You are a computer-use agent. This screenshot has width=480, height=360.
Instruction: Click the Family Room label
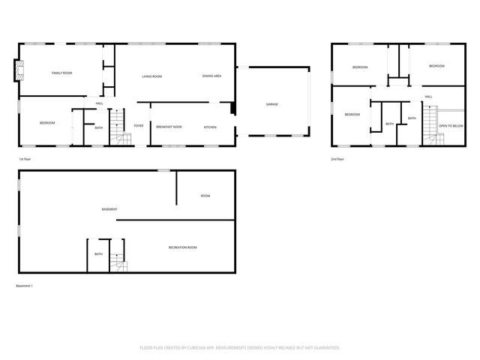(x=61, y=73)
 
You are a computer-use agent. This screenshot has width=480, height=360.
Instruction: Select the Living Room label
(x=152, y=76)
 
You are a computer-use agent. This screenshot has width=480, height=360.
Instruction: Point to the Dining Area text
(x=211, y=76)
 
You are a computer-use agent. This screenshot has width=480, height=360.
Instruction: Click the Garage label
(x=271, y=104)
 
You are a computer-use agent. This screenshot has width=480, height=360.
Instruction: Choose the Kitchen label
(x=211, y=127)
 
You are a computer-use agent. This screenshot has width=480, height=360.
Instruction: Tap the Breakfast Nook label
(x=169, y=127)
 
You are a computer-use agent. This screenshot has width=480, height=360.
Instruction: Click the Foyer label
(x=139, y=126)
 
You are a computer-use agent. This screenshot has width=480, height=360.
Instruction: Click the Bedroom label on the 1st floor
(x=47, y=123)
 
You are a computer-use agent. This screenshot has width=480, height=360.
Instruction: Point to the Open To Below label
(x=451, y=126)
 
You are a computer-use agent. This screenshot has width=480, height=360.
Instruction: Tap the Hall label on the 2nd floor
(x=428, y=97)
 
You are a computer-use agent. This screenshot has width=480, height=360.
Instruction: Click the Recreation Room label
(x=182, y=247)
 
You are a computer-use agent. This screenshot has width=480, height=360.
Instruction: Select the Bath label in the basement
(x=98, y=254)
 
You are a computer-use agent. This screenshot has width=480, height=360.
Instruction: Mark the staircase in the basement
(x=118, y=262)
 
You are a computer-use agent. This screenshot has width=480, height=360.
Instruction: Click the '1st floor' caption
(x=25, y=160)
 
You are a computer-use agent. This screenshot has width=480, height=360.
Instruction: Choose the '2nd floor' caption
(x=337, y=159)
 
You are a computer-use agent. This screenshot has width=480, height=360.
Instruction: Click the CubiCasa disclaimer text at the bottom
(x=240, y=348)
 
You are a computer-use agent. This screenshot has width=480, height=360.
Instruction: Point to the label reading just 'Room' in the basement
(x=205, y=196)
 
